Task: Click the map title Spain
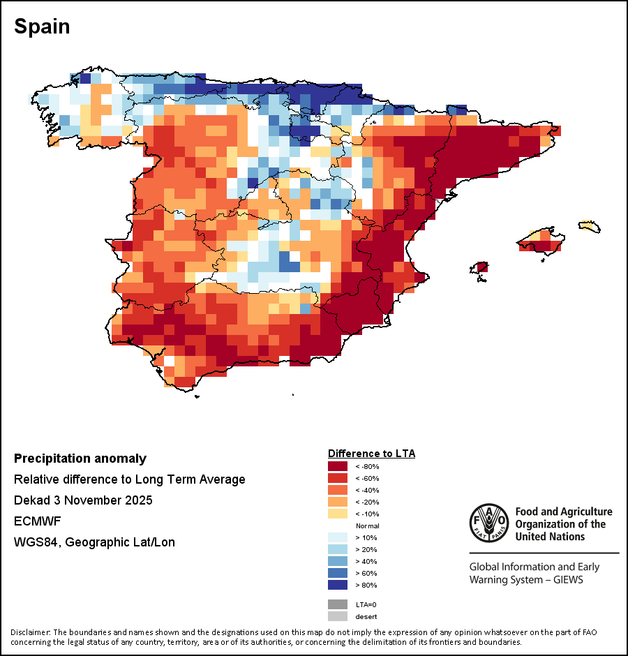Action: pos(42,27)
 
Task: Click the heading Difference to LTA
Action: pos(371,454)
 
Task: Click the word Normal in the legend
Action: pos(367,525)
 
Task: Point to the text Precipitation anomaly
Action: pos(80,459)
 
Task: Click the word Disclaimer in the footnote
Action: pos(30,632)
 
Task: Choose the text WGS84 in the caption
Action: pos(36,542)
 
